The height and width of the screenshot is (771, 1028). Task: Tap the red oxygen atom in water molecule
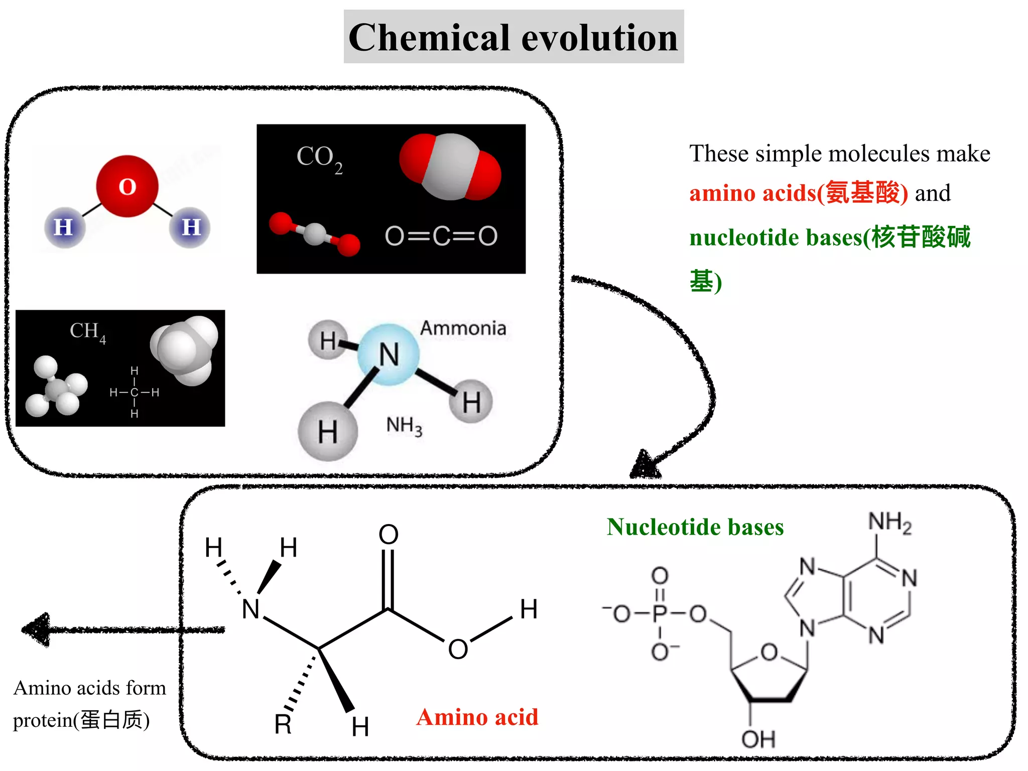(127, 186)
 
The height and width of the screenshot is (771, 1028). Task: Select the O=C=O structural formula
(441, 236)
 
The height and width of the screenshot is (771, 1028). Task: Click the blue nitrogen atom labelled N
(389, 354)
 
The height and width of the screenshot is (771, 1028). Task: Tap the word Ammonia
(463, 328)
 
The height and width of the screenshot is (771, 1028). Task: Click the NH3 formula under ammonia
(404, 426)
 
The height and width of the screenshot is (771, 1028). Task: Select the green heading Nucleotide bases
(695, 527)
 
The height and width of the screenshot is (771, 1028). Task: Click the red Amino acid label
(477, 717)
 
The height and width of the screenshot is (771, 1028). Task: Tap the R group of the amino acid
(283, 724)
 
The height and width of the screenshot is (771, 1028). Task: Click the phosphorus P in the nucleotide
(660, 613)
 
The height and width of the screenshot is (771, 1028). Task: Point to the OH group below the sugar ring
(758, 739)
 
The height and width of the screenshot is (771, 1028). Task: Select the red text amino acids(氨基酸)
(798, 193)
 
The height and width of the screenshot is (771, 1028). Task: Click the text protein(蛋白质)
(81, 720)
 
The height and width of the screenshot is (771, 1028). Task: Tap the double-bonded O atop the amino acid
(389, 534)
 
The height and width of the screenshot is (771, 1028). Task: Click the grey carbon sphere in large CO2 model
(450, 167)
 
